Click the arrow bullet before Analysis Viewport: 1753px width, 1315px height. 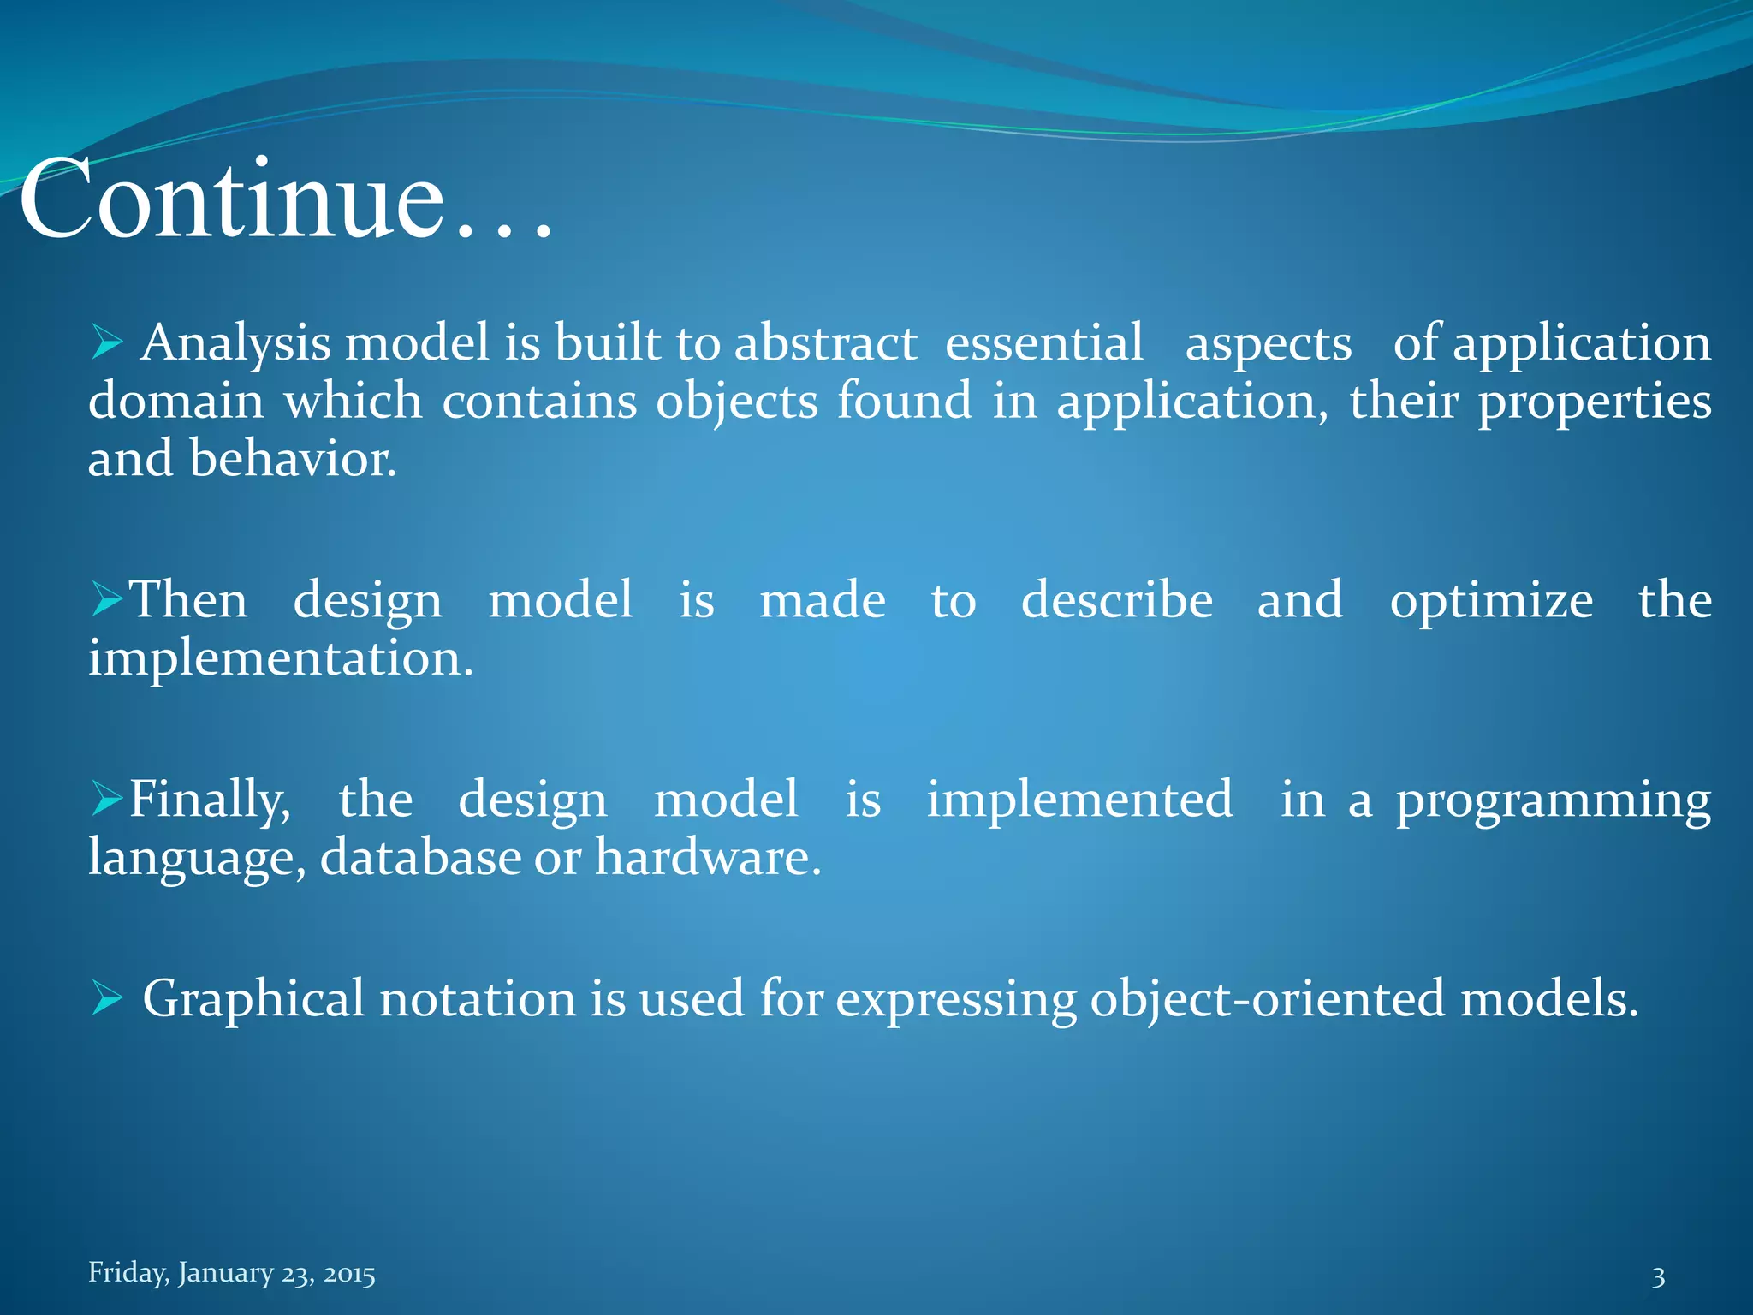pos(108,343)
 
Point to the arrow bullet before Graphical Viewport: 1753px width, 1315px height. pos(108,998)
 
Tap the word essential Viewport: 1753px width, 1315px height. pos(1043,343)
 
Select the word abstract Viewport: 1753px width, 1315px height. pos(826,343)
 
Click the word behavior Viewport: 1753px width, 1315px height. pos(293,459)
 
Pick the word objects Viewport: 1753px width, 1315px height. pos(737,401)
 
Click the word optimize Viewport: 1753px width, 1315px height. pos(1491,600)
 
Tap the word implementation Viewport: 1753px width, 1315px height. pos(281,658)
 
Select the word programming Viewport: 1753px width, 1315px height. pos(1554,801)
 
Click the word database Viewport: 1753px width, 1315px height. pos(420,857)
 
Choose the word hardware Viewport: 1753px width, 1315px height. pos(708,857)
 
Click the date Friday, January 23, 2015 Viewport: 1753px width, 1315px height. pos(232,1273)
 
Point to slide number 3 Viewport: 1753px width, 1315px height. pos(1658,1277)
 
